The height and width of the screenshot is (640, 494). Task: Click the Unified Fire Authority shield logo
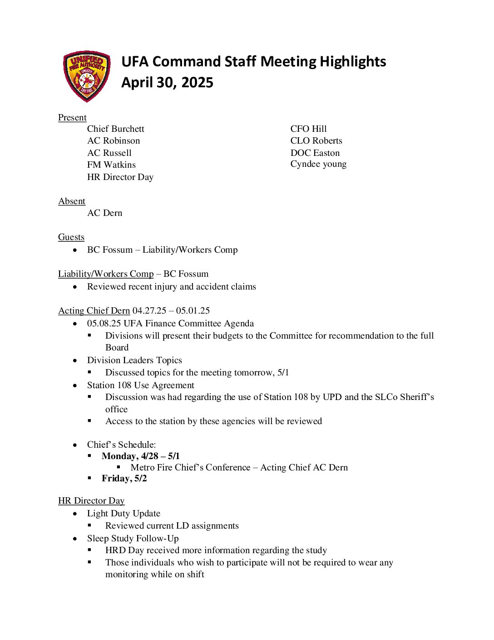tap(86, 76)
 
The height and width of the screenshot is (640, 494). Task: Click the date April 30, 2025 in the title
tap(167, 83)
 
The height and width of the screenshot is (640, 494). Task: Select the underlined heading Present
tap(72, 118)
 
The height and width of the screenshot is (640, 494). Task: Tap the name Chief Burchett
tap(115, 129)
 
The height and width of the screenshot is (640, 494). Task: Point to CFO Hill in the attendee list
tap(308, 129)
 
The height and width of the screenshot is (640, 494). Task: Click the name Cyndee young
tap(318, 164)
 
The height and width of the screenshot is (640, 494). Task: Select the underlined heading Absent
tap(72, 201)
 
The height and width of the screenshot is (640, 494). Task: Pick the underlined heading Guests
tap(71, 237)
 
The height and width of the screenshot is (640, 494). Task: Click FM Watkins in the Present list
tap(111, 165)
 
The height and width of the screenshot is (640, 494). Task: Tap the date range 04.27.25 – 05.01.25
tap(171, 311)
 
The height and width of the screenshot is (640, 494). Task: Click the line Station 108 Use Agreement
tap(140, 385)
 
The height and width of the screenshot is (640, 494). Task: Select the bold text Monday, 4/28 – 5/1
tap(141, 456)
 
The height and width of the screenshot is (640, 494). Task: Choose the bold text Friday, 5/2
tap(124, 479)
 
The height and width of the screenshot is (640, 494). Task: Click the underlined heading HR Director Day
tap(91, 501)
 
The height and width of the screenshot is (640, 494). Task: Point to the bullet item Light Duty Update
tap(123, 514)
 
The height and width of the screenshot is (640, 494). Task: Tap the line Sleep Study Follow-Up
tap(133, 539)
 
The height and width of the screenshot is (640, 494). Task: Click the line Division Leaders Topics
tap(134, 360)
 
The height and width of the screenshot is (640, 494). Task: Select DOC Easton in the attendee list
tap(315, 153)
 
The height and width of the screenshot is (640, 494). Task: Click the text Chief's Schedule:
tap(121, 445)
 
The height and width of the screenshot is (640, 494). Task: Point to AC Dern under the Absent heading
tap(104, 213)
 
